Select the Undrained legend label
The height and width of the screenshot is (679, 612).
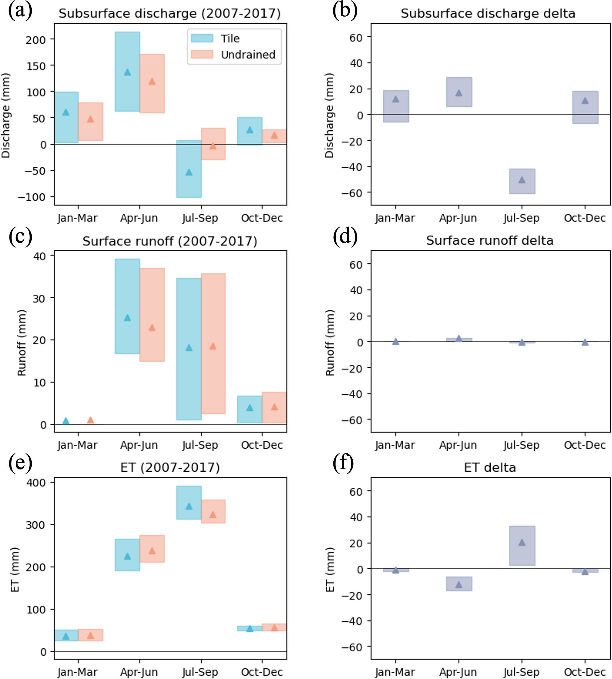click(x=248, y=54)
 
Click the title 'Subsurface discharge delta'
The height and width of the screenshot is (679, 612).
click(x=488, y=13)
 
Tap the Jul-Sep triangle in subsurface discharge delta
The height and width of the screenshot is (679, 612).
click(x=522, y=180)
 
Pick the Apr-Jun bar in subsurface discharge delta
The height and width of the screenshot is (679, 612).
click(x=459, y=92)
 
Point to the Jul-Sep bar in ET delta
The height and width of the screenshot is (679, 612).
click(x=522, y=545)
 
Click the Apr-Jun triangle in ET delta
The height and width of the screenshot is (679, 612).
click(x=459, y=585)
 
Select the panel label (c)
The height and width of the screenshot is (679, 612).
click(x=20, y=236)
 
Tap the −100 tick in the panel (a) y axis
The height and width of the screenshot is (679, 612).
click(x=32, y=197)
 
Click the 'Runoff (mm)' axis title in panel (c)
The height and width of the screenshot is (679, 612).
click(x=22, y=343)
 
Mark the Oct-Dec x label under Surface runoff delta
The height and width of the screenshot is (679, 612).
click(x=585, y=445)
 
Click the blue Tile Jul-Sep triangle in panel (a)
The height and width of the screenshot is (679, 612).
click(x=189, y=172)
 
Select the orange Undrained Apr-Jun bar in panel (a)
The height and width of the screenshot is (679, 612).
click(x=152, y=84)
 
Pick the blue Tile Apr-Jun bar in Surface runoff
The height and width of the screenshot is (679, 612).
click(x=127, y=306)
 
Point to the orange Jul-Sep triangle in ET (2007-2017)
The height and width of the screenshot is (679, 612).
click(x=213, y=515)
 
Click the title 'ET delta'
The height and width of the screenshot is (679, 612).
click(x=490, y=468)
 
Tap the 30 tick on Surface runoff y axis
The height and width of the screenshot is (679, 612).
click(x=39, y=298)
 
